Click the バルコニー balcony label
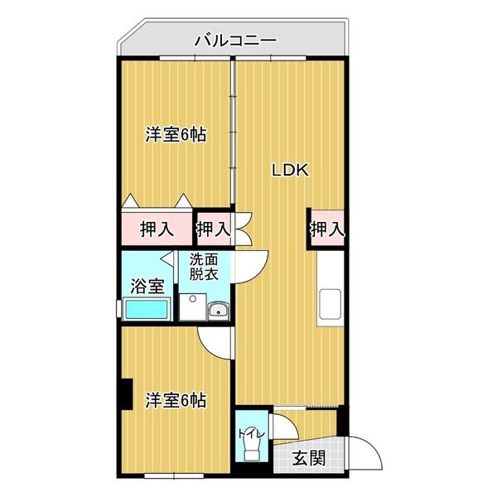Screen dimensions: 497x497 (x=236, y=41)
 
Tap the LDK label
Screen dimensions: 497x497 (x=291, y=171)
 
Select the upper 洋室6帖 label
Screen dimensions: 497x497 (x=176, y=135)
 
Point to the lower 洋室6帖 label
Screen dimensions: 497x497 (x=176, y=400)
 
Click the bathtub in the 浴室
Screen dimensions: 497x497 (x=147, y=309)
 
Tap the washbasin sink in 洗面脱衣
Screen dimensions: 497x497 (x=219, y=309)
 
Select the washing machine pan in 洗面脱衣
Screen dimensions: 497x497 (x=193, y=306)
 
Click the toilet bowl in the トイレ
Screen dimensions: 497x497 (x=252, y=450)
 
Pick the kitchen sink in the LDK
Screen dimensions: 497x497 (x=331, y=304)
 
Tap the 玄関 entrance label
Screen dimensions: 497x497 (x=309, y=458)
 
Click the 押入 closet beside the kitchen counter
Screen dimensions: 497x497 (x=327, y=229)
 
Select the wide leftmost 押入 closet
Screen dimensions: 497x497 (x=157, y=229)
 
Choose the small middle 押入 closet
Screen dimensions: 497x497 (x=214, y=229)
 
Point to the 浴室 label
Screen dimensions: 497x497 (x=147, y=287)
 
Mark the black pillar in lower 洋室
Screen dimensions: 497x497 (x=126, y=394)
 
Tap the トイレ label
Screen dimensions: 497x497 (x=251, y=433)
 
